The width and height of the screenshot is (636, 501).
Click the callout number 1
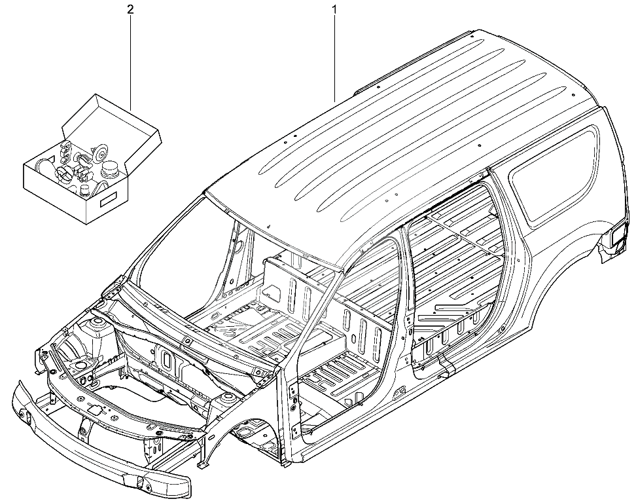click(334, 10)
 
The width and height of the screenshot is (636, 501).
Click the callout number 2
click(130, 10)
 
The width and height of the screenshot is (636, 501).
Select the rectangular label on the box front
click(108, 200)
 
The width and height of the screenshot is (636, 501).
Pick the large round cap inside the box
click(109, 169)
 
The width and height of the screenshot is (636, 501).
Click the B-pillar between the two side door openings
click(406, 308)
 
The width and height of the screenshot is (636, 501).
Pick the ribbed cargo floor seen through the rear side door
click(454, 260)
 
